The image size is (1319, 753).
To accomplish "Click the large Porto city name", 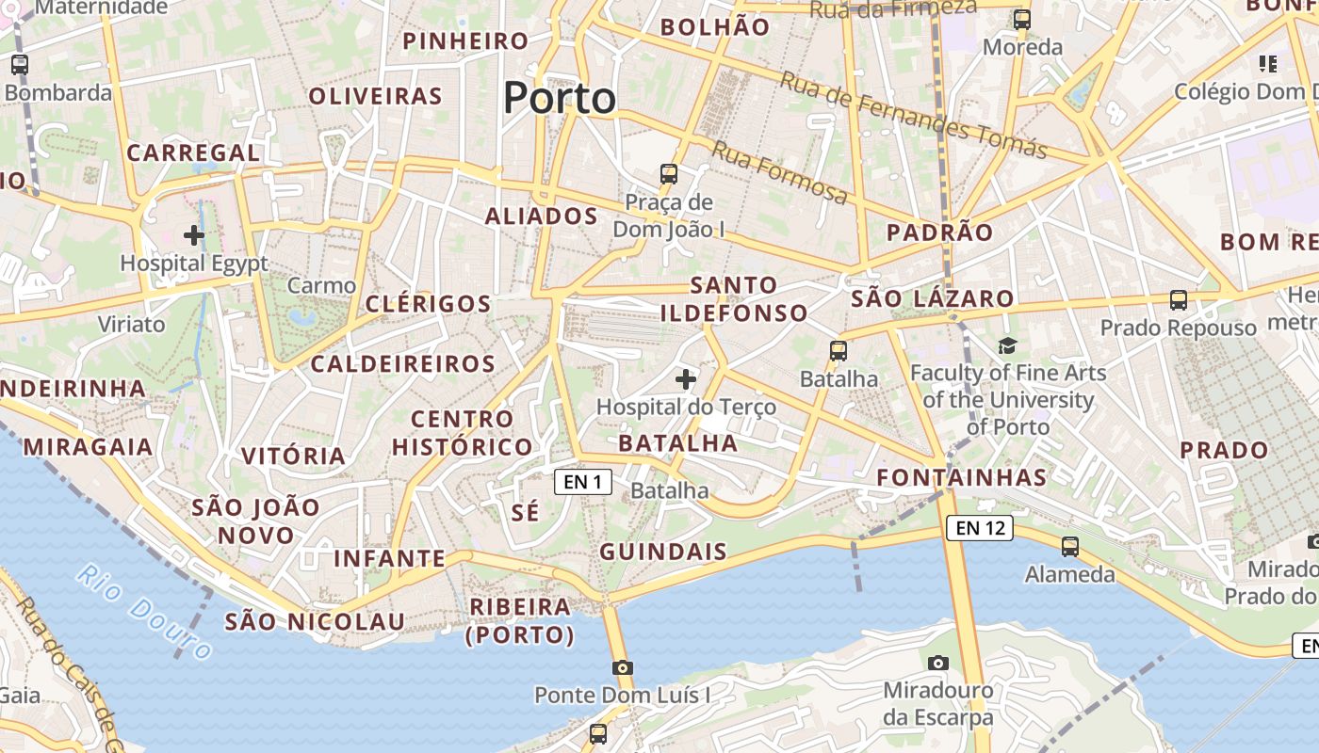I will (560, 98).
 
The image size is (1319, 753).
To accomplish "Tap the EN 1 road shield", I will (583, 482).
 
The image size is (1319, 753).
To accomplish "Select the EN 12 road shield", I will (980, 528).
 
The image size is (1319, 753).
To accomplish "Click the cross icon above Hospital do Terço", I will (686, 379).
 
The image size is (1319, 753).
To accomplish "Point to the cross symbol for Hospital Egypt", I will (194, 234).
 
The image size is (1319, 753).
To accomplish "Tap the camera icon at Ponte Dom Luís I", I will (622, 667).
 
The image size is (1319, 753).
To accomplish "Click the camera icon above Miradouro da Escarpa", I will (937, 663).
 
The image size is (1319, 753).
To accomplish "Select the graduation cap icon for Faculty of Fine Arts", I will (1008, 345).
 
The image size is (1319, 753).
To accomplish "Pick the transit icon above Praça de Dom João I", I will (669, 173).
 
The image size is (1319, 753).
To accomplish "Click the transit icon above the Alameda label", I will (1069, 546).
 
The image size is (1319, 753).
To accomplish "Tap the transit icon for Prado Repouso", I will (1178, 300).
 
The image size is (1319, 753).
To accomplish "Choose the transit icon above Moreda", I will (1022, 19).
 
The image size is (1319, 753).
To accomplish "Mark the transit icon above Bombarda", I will (20, 65).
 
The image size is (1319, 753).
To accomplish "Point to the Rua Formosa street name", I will (779, 172).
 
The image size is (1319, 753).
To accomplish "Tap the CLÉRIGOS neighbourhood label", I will (428, 304).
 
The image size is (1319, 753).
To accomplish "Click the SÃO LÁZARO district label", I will (932, 299).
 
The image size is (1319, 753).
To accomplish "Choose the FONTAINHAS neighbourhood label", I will (961, 477).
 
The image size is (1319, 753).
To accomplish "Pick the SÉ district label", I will (526, 512).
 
